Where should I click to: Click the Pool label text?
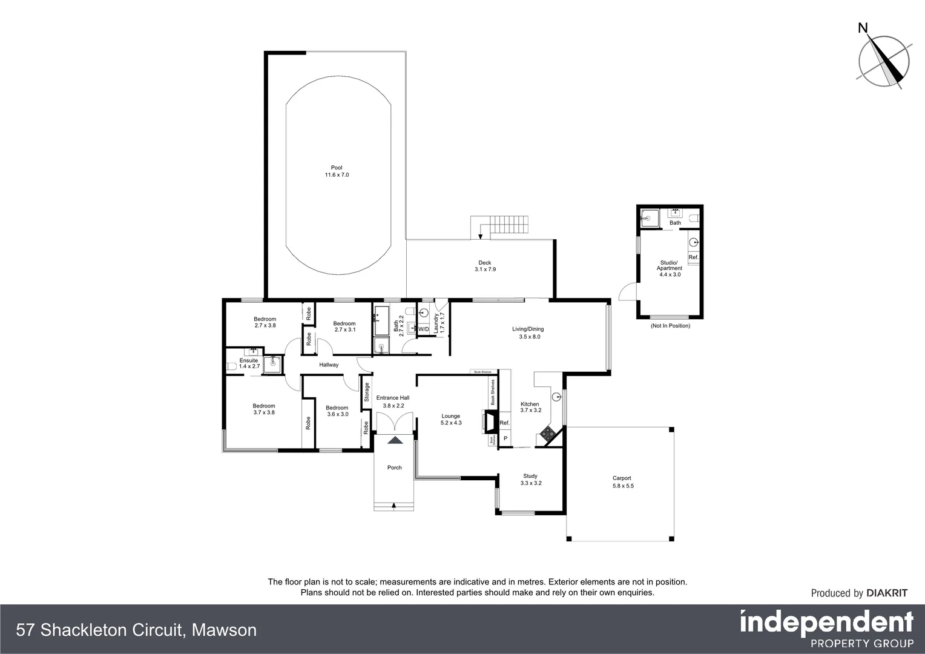tap(337, 171)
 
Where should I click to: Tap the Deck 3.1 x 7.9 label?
tap(485, 266)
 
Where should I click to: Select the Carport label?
tap(622, 481)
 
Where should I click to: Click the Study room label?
tap(530, 480)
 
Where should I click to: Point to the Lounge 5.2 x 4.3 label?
tap(451, 419)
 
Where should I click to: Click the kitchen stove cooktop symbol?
tap(548, 433)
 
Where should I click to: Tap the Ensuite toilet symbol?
tap(230, 366)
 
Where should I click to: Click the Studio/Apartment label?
tap(670, 268)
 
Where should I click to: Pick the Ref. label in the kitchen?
tap(505, 423)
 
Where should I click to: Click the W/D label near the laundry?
tap(423, 329)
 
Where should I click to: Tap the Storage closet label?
tap(366, 392)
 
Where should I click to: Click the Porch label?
tap(394, 467)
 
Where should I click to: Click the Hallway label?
tap(329, 365)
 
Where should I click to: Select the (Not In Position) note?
tap(670, 326)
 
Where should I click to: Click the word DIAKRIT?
tap(887, 593)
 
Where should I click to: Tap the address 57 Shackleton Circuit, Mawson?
tap(137, 630)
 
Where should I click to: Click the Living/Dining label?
tap(528, 332)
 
